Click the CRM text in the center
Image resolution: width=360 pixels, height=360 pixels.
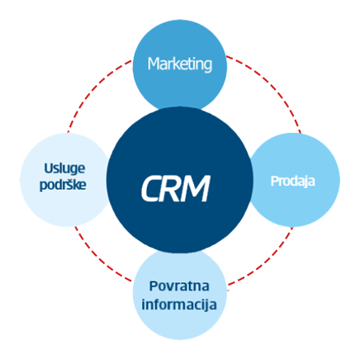pyautogui.click(x=176, y=188)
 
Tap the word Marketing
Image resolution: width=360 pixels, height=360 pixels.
pyautogui.click(x=180, y=64)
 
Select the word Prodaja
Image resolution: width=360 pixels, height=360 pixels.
pyautogui.click(x=292, y=182)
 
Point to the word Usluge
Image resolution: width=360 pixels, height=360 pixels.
pyautogui.click(x=64, y=168)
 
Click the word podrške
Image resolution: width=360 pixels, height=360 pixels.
pyautogui.click(x=63, y=184)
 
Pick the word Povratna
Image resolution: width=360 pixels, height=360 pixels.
pyautogui.click(x=179, y=286)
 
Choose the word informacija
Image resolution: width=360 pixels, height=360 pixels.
pyautogui.click(x=179, y=305)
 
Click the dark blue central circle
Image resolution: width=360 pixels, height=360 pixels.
pyautogui.click(x=179, y=179)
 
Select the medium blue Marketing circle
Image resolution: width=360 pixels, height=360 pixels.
pyautogui.click(x=180, y=65)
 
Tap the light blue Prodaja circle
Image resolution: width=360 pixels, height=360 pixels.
pyautogui.click(x=294, y=180)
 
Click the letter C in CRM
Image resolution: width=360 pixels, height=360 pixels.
pyautogui.click(x=151, y=189)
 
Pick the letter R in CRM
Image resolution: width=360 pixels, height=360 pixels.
pyautogui.click(x=173, y=188)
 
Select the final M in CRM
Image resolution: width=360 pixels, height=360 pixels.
pyautogui.click(x=197, y=188)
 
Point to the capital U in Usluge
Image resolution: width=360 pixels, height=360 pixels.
pyautogui.click(x=49, y=168)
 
